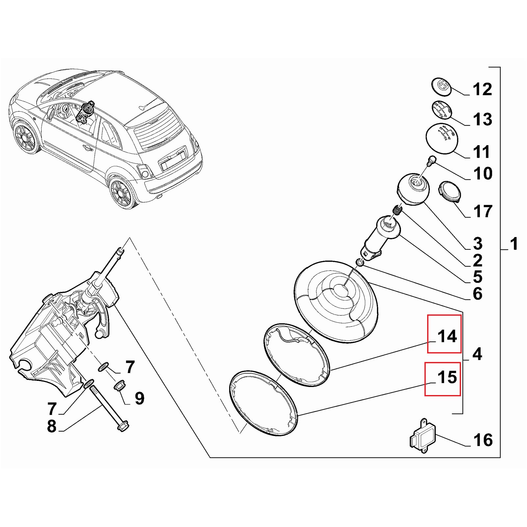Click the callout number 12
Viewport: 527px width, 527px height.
click(482, 89)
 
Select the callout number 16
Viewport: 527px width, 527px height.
click(483, 440)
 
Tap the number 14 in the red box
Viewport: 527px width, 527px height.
click(447, 336)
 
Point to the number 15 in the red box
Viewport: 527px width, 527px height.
click(447, 377)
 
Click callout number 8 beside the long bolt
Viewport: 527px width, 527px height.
click(52, 426)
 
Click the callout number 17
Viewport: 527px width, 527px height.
click(483, 211)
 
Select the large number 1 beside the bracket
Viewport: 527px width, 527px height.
click(514, 244)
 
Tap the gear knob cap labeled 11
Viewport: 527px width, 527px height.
click(442, 138)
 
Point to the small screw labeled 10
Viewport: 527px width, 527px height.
click(432, 160)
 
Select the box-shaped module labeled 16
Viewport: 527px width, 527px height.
click(423, 436)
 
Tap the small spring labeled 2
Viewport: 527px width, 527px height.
click(398, 209)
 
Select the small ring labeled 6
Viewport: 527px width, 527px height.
click(359, 262)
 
